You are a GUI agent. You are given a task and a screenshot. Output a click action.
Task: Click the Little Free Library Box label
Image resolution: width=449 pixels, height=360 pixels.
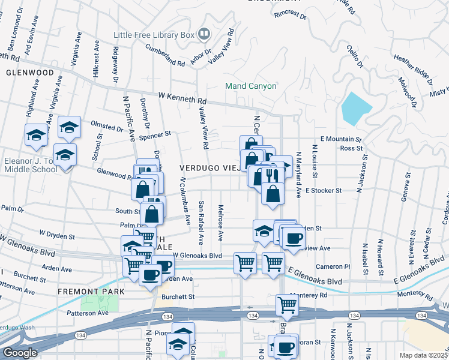(154, 34)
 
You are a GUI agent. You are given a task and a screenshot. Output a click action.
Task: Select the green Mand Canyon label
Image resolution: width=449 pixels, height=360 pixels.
(251, 86)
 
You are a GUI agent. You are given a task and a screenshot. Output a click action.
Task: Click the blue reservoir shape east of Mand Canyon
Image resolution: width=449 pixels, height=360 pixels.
(356, 109)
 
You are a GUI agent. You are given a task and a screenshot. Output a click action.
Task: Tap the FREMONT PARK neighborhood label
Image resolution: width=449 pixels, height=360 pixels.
(91, 292)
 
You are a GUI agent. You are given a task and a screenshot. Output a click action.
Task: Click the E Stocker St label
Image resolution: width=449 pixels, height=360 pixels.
(323, 190)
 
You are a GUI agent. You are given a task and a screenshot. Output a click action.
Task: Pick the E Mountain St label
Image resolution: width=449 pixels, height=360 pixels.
(341, 139)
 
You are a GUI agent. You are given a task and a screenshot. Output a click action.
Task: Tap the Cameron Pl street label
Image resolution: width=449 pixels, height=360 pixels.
(334, 266)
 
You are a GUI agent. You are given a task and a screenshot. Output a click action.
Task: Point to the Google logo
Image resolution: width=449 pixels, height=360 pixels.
(20, 353)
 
